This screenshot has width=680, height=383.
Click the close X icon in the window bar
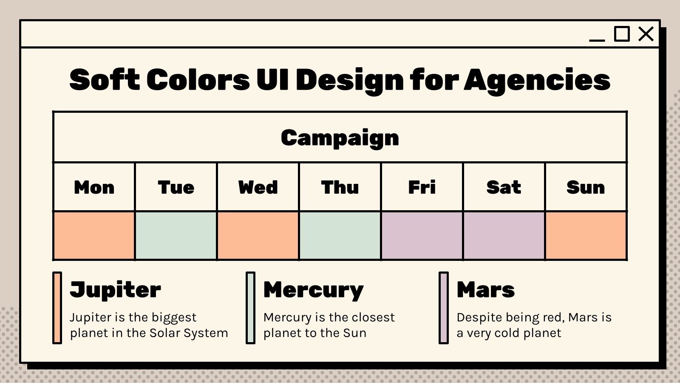pos(646,34)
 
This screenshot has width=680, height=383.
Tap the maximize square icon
pos(622,34)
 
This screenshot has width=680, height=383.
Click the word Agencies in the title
pos(537,80)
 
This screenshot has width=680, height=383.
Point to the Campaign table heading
pos(340,137)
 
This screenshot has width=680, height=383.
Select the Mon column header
pos(94,187)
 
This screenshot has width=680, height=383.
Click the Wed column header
pos(258,187)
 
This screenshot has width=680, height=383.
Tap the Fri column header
pos(422,187)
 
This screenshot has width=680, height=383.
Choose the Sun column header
pos(586,187)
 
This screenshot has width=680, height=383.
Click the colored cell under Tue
pos(176,236)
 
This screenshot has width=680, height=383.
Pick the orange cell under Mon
pos(94,236)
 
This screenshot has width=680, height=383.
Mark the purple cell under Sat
pos(504,236)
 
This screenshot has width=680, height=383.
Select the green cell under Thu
pos(340,236)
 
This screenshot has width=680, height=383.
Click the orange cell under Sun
pos(586,236)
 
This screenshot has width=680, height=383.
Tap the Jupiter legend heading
pos(115,290)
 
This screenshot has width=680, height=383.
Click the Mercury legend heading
pos(313,290)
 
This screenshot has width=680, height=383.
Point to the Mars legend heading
pos(485,290)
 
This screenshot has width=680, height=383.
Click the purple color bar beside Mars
pos(444,308)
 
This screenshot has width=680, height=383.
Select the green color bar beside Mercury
pos(250,308)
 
